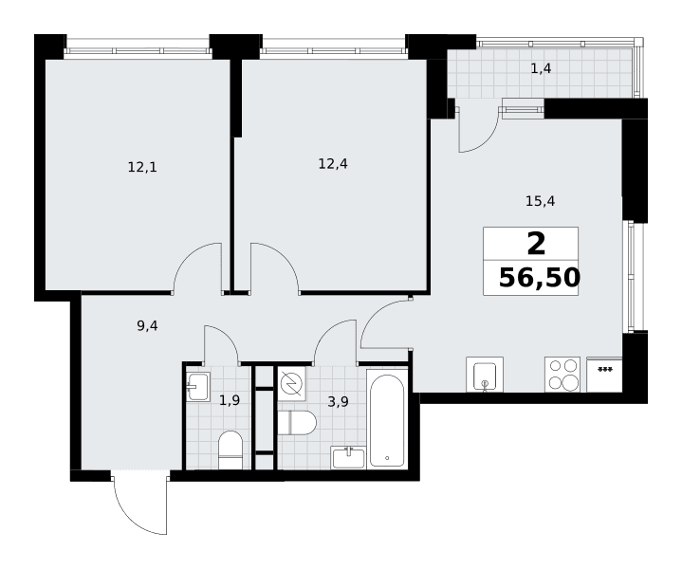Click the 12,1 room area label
tap(142, 167)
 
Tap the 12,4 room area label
tap(333, 164)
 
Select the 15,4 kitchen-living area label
tap(541, 201)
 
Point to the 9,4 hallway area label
tap(147, 326)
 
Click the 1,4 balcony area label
tap(541, 68)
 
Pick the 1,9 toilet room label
tap(230, 400)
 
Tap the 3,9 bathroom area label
tap(338, 402)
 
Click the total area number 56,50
tap(540, 278)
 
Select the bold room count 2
tap(536, 244)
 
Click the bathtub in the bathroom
tap(387, 418)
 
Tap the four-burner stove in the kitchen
tap(562, 375)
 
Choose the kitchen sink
tap(485, 375)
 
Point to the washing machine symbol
tap(291, 384)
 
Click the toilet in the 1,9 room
tap(230, 450)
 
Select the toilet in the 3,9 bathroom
tap(297, 422)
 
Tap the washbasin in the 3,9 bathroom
tap(348, 457)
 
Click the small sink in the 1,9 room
tap(198, 386)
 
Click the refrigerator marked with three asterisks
tap(604, 375)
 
